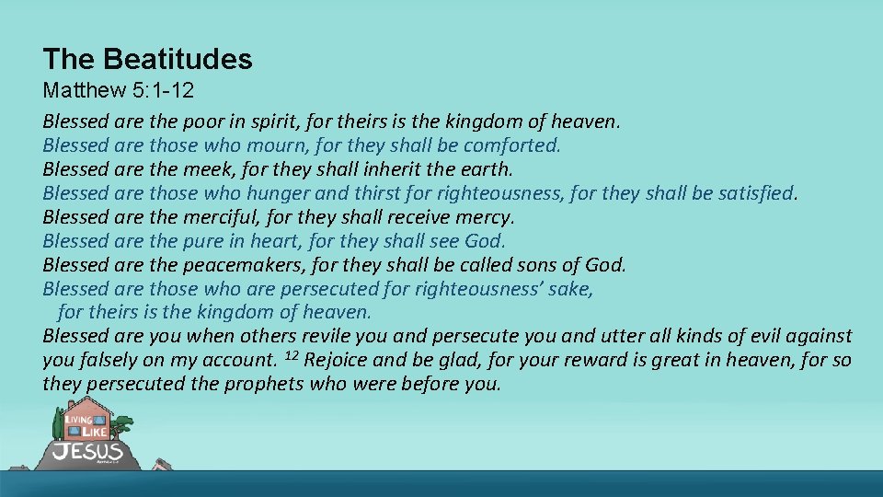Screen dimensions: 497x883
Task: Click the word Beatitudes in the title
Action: (178, 60)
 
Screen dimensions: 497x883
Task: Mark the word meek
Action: (201, 169)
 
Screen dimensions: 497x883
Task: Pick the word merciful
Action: (219, 217)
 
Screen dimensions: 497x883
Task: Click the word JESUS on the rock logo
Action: (87, 452)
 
